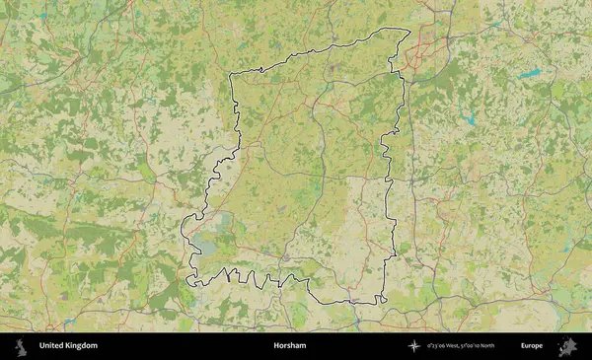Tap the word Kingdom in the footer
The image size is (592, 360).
coord(82,346)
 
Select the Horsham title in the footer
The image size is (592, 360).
coord(290,346)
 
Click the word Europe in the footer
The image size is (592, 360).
coord(532,346)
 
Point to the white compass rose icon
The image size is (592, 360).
coord(416,346)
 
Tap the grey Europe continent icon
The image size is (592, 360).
coord(567,346)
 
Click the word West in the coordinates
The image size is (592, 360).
coord(460,346)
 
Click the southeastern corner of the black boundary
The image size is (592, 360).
coord(383,301)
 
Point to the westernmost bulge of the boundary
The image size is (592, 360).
coord(184,235)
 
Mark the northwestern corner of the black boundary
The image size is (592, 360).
coord(231,75)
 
